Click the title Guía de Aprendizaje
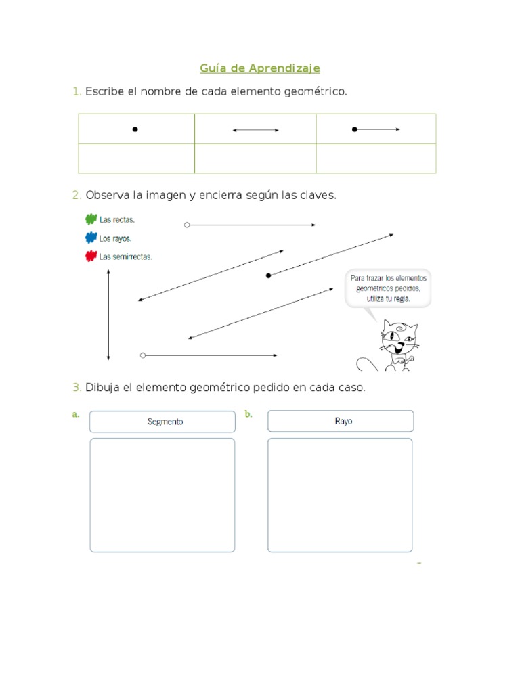[260, 68]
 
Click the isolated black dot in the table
[135, 129]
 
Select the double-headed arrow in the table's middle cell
[255, 130]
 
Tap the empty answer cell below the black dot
[136, 158]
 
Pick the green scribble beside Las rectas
[91, 219]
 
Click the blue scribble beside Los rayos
[91, 238]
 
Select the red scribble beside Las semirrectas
[91, 256]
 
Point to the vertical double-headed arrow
[108, 315]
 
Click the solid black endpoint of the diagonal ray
[269, 275]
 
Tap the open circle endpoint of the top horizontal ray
[187, 225]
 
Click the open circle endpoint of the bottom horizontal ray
[143, 355]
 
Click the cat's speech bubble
[388, 288]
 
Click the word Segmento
[165, 422]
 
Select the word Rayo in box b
[343, 421]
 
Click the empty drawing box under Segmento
[162, 495]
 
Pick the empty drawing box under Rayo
[340, 495]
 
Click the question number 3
[77, 388]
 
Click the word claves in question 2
[319, 195]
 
